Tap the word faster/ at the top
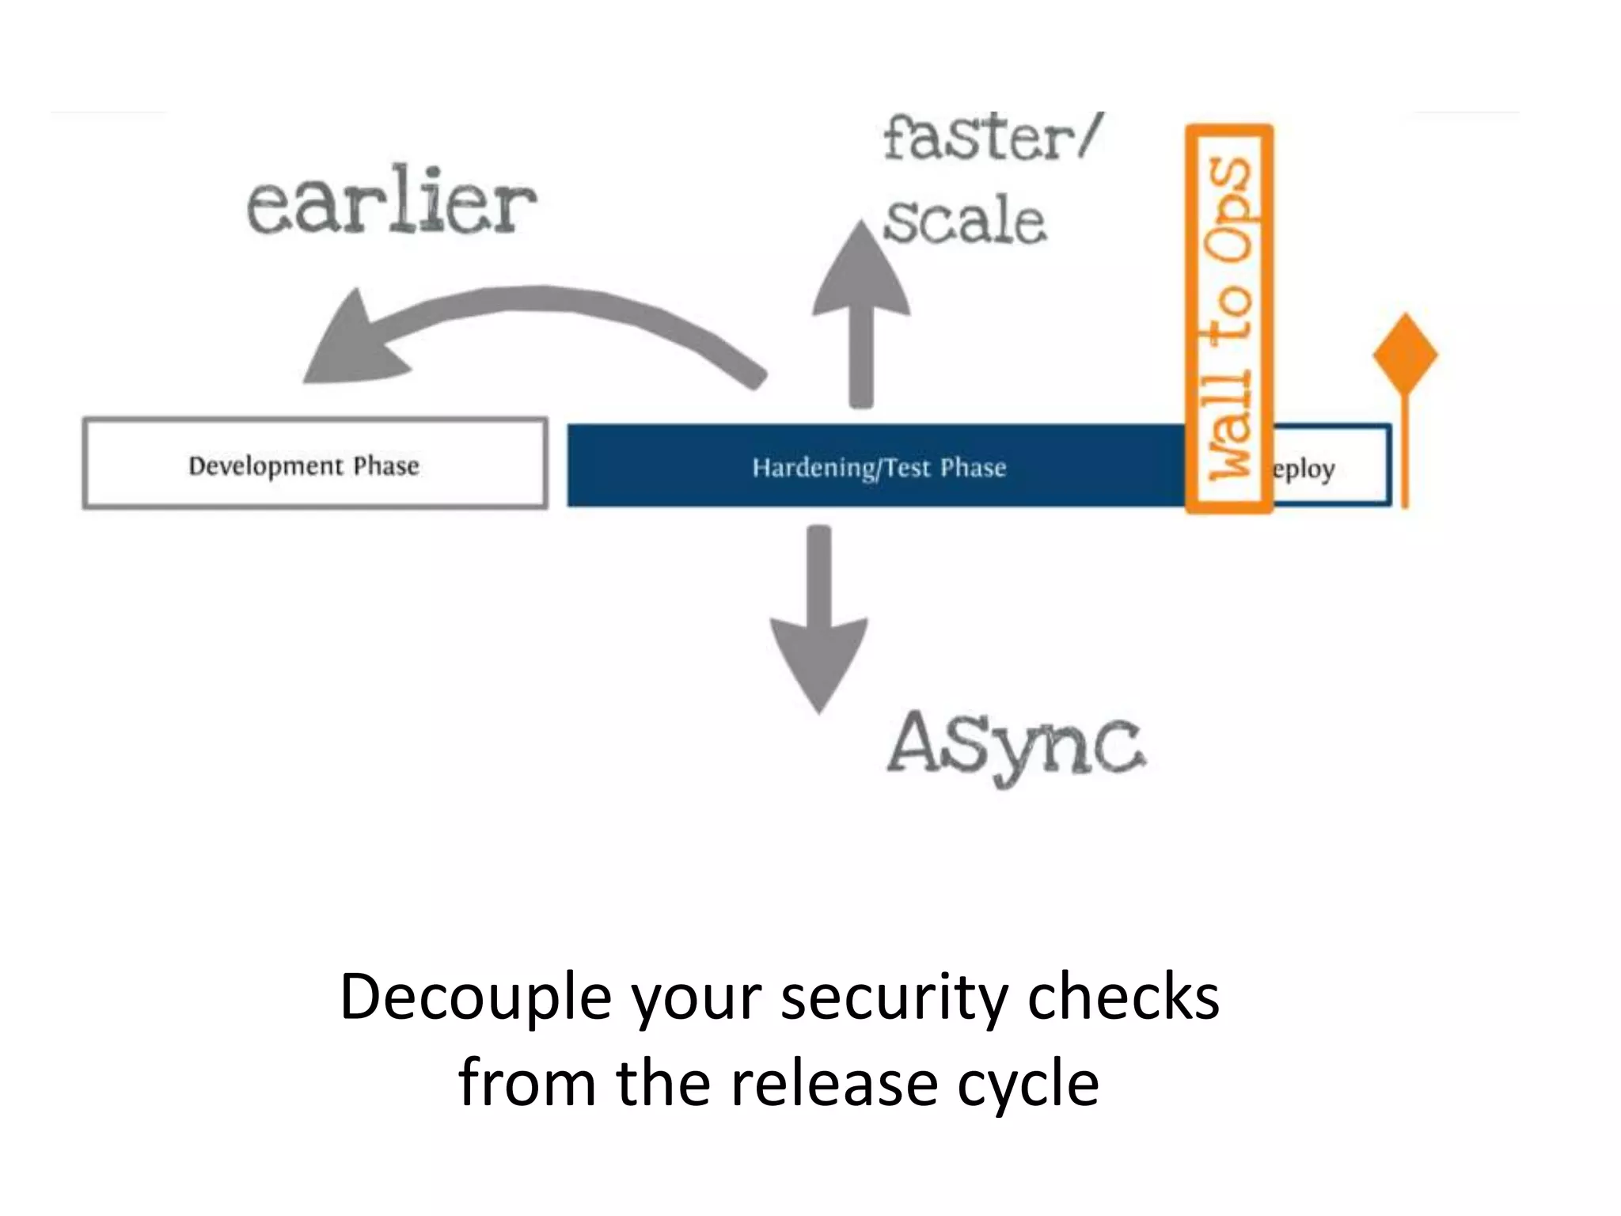991,139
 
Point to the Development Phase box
315,464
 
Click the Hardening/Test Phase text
879,467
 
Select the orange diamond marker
1405,355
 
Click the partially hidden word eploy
1304,469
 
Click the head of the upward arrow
861,273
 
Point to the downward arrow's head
818,662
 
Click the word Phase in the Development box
386,465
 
